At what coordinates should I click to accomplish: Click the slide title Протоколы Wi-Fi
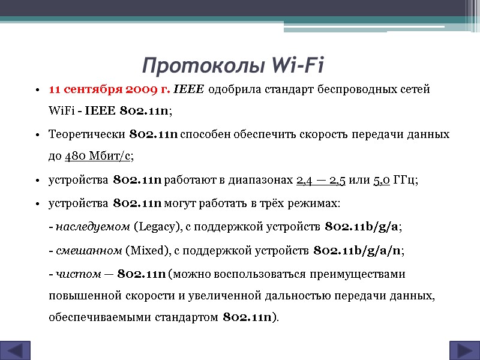click(233, 64)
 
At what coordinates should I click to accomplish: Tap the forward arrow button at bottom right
click(464, 350)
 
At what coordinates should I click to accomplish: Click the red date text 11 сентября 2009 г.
click(109, 90)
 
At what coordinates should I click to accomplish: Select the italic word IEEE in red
click(188, 90)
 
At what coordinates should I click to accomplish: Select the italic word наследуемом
click(93, 227)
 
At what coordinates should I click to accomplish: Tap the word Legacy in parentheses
click(157, 227)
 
